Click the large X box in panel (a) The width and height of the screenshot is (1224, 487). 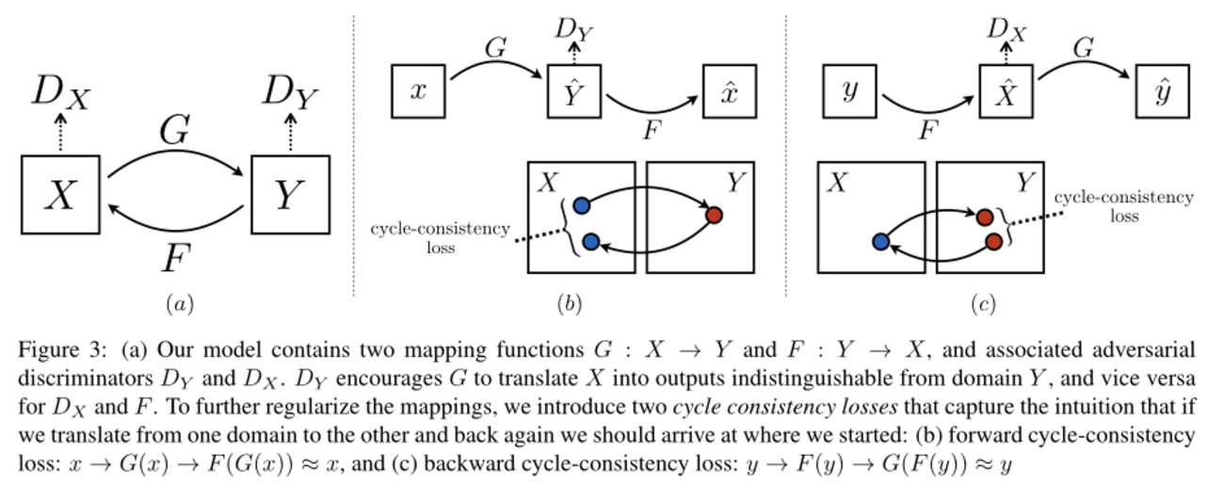click(59, 195)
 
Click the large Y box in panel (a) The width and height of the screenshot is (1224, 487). click(291, 195)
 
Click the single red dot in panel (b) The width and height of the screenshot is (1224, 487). click(714, 215)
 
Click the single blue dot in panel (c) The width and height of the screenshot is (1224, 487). click(880, 242)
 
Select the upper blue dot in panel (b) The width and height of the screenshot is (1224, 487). click(581, 204)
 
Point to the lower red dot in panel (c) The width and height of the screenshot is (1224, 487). click(993, 242)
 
